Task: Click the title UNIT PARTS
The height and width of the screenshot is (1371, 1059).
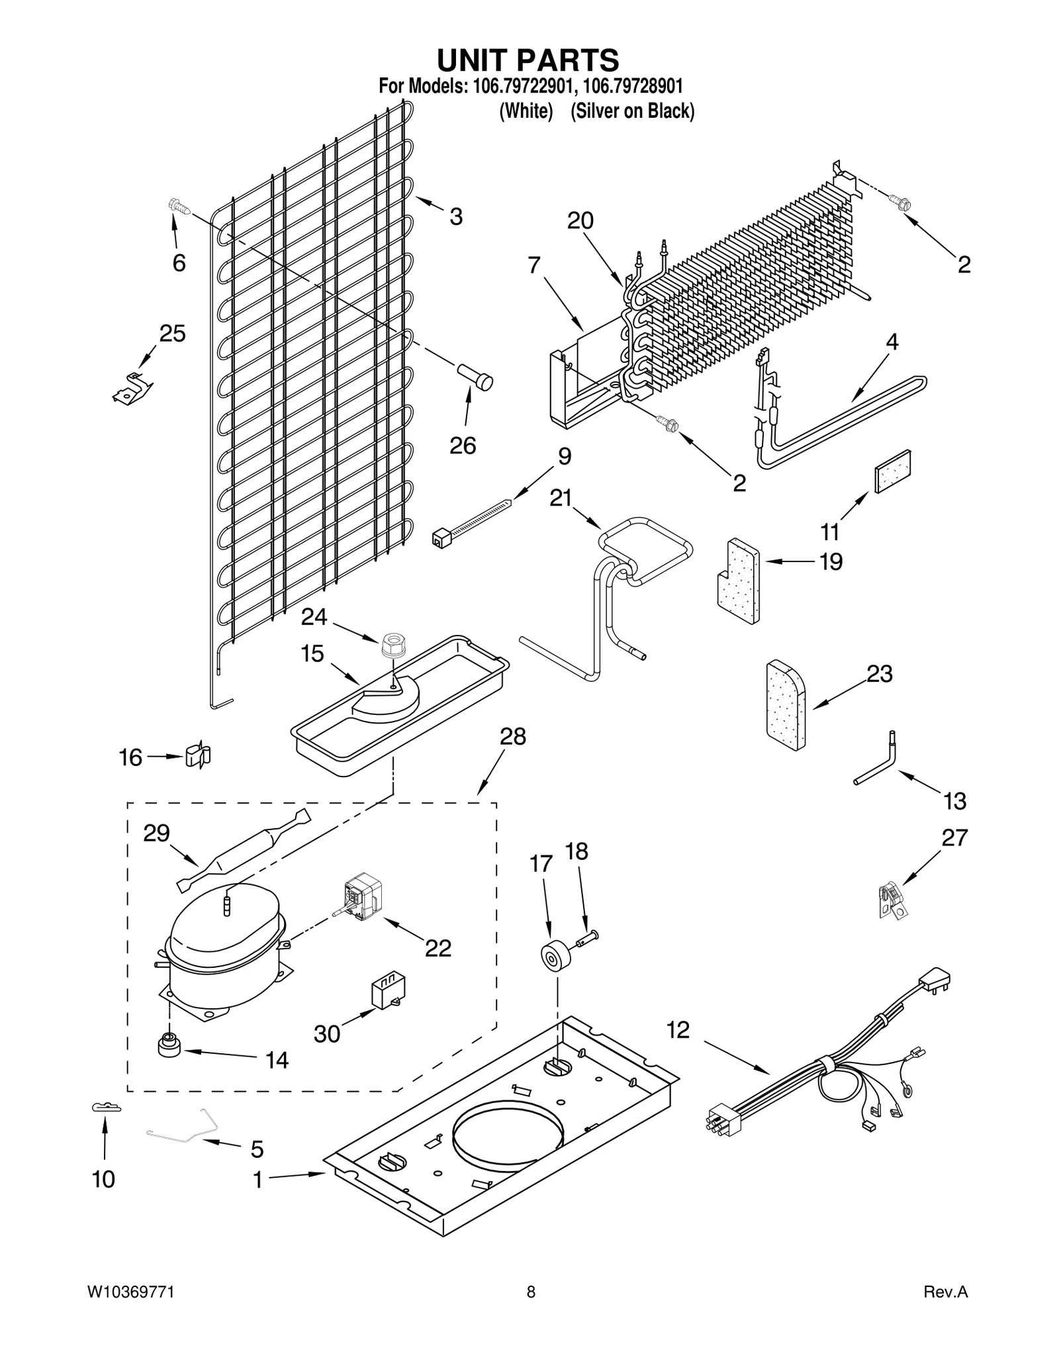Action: click(528, 60)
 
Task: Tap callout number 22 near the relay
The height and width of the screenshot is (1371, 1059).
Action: click(437, 948)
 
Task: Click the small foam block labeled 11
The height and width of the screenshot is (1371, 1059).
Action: click(893, 471)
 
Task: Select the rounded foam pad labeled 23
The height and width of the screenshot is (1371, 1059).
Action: click(786, 704)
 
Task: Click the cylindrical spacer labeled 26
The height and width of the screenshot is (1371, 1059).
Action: click(475, 379)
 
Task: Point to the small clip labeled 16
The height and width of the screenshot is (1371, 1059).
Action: click(197, 755)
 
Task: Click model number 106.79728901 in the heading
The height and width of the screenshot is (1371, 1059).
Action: click(633, 86)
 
